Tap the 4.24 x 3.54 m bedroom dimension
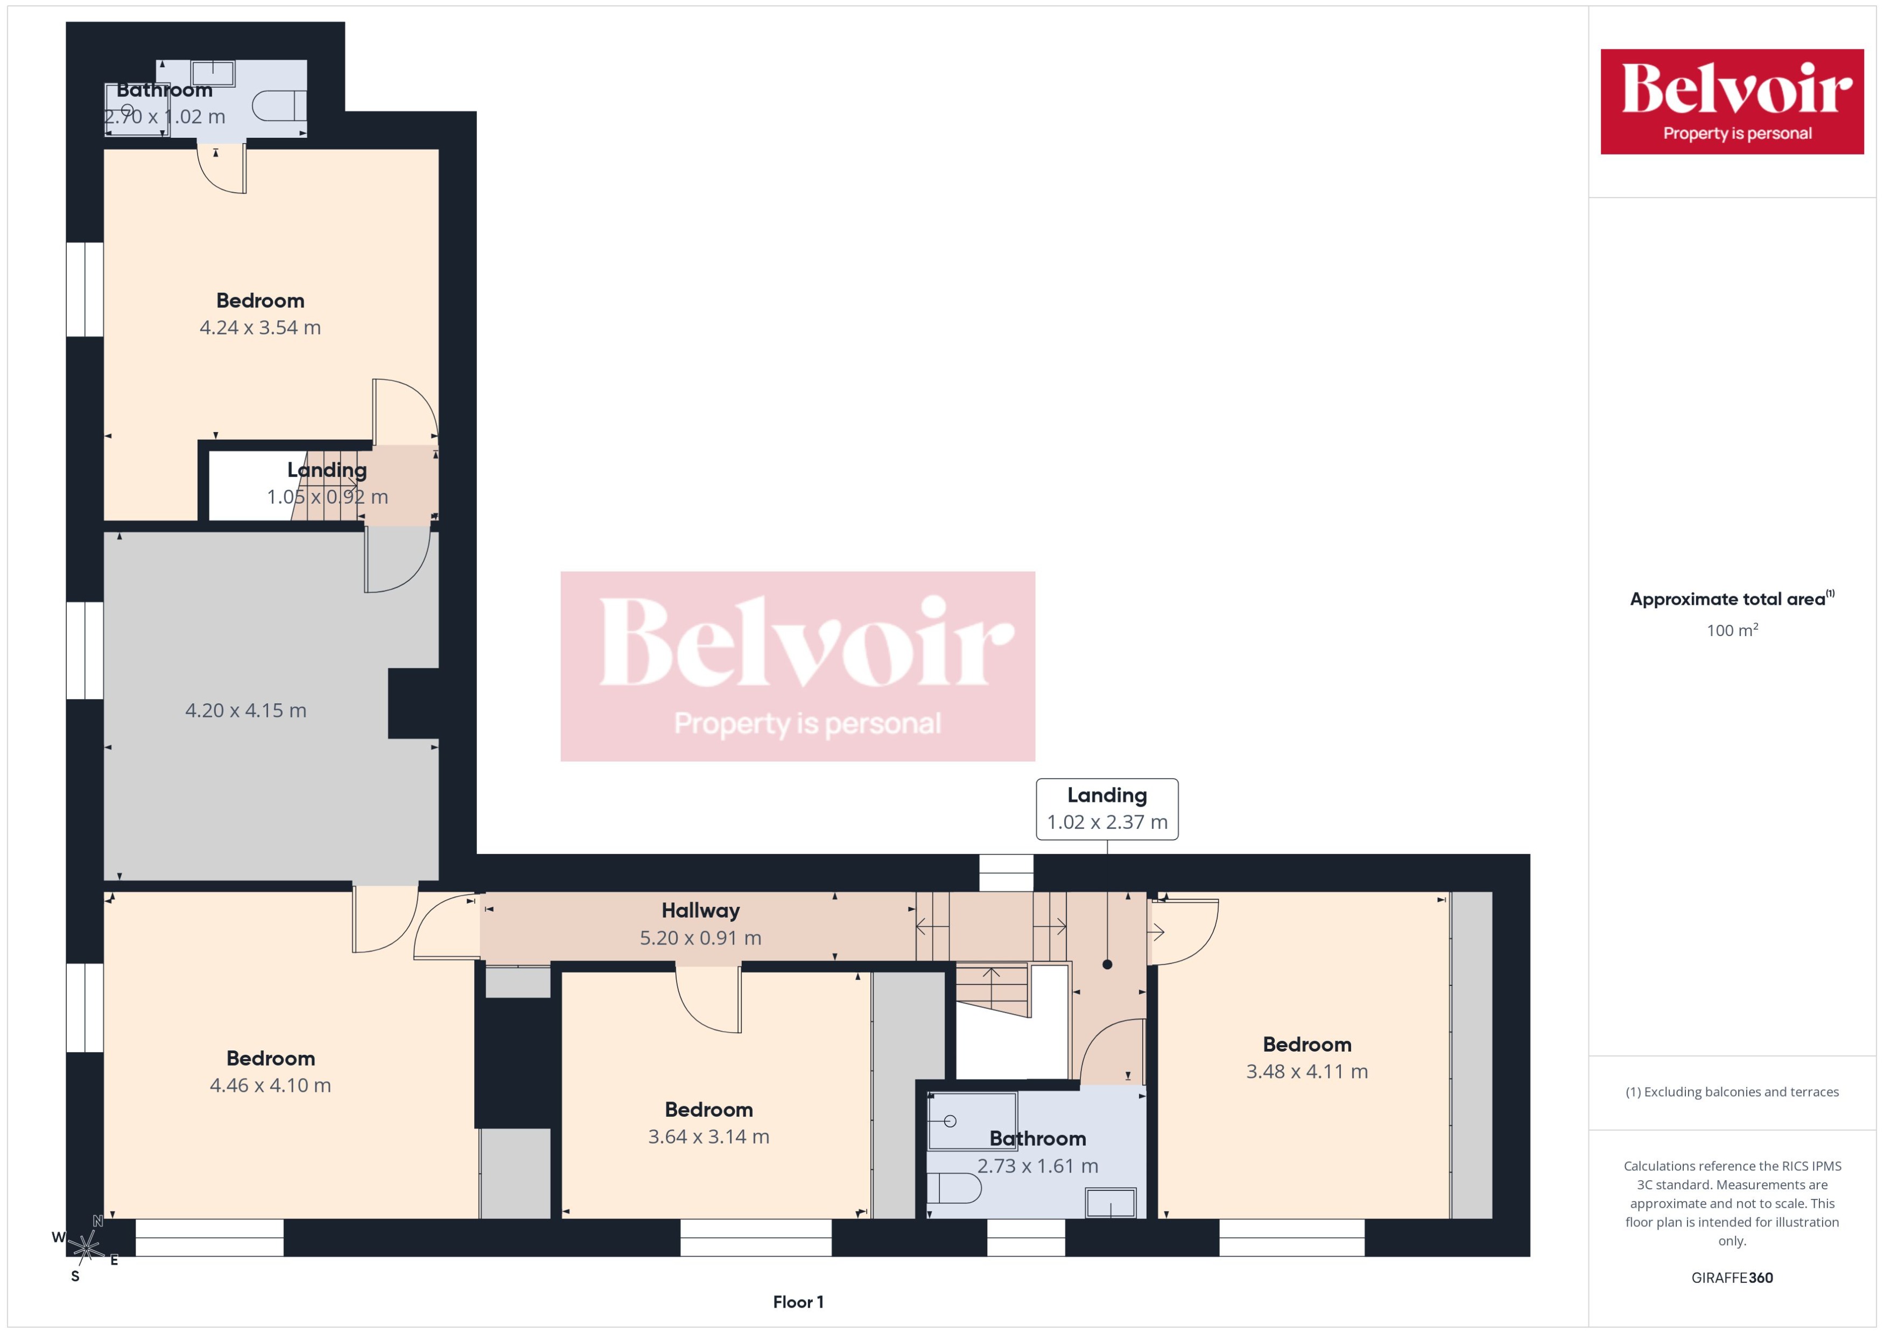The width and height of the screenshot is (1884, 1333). (x=260, y=328)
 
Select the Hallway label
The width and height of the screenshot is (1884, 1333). (x=700, y=910)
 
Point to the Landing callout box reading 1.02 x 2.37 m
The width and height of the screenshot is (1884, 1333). (x=1107, y=808)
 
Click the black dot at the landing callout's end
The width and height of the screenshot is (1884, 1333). (x=1107, y=964)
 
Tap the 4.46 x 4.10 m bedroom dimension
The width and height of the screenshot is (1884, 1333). (x=270, y=1085)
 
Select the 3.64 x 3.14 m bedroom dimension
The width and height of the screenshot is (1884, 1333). (x=708, y=1137)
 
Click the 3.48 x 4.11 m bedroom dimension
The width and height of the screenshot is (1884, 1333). (x=1307, y=1071)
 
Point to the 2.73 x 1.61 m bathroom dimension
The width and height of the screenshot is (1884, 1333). (x=1038, y=1166)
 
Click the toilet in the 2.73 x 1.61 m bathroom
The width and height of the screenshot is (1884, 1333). (x=954, y=1188)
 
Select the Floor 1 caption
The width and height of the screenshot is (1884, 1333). (x=798, y=1302)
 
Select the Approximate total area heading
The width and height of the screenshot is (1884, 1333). (x=1730, y=599)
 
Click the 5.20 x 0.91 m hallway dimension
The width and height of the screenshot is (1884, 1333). (x=700, y=937)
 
